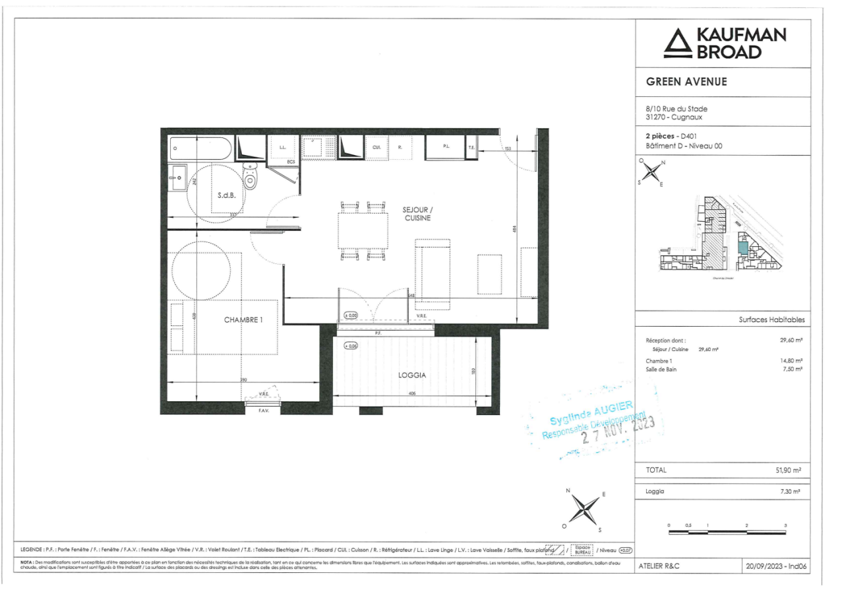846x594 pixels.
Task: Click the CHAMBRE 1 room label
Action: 243,320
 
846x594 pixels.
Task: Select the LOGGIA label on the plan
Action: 412,375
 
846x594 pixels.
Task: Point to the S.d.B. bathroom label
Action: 227,195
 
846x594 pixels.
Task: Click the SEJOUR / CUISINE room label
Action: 418,213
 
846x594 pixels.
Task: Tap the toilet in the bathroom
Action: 250,176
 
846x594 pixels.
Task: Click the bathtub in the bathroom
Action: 200,148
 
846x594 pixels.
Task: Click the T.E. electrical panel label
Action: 471,148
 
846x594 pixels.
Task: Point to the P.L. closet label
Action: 446,147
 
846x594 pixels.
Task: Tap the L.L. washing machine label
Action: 282,148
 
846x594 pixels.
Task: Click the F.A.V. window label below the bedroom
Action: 262,411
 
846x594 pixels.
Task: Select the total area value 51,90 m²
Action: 788,471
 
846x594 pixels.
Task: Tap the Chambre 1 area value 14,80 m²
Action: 790,361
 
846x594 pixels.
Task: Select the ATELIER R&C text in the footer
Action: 659,566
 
